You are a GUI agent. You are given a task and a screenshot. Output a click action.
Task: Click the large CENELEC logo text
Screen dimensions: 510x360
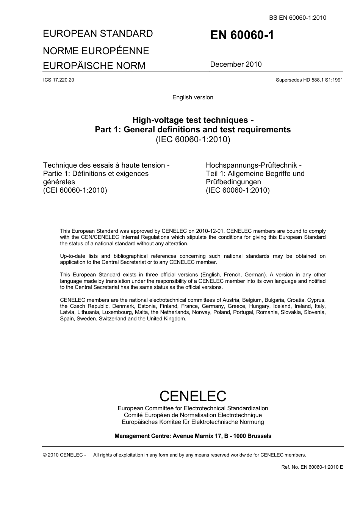click(193, 396)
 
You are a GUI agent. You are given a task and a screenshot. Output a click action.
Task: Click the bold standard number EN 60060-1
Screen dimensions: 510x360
click(242, 35)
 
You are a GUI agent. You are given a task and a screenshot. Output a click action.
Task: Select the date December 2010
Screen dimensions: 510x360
click(236, 64)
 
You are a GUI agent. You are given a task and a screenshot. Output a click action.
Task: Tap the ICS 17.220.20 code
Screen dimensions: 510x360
click(58, 80)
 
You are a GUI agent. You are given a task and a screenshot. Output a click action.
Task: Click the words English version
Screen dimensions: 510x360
click(193, 97)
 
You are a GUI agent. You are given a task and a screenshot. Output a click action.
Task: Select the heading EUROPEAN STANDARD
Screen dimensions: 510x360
click(98, 33)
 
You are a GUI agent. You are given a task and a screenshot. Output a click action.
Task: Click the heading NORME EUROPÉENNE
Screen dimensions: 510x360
click(96, 51)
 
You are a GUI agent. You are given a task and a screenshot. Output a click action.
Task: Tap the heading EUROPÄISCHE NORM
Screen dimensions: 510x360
click(94, 66)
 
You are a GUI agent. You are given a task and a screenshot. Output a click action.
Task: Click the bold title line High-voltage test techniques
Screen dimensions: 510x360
click(193, 120)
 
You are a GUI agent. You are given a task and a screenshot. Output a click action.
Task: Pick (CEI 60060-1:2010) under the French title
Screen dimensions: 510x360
click(75, 190)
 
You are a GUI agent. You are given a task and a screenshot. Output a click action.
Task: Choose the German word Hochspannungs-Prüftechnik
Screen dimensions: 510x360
click(254, 165)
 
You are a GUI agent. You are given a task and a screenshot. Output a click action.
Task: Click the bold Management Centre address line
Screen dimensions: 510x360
click(193, 436)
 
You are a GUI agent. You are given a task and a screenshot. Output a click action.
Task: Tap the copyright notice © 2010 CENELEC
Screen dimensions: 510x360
click(64, 455)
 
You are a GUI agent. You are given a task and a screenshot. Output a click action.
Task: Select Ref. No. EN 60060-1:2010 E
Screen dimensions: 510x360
click(312, 467)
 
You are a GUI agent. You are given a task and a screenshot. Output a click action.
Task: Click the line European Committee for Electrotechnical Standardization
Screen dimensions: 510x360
click(193, 408)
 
